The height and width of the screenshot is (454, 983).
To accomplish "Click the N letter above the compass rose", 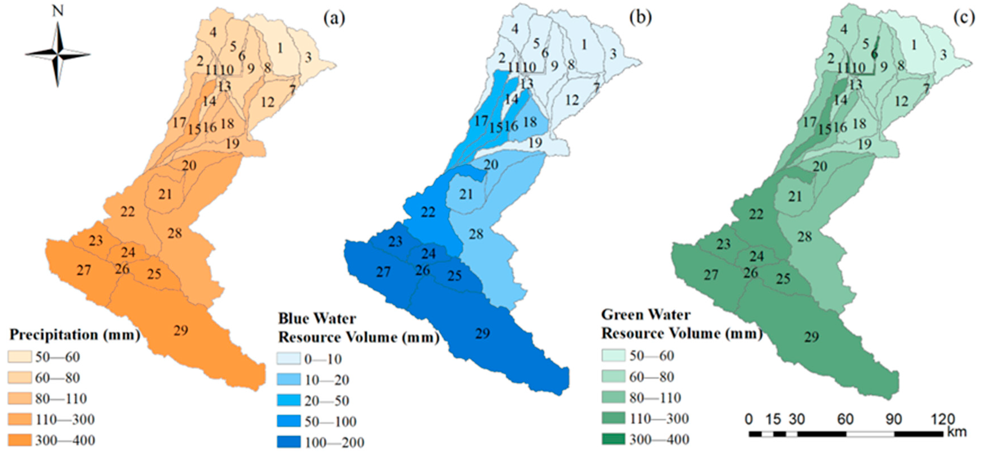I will pos(58,12).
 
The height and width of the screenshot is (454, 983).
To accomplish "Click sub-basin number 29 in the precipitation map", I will pos(181,330).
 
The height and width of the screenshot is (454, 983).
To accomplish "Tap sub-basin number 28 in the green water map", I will pos(804,237).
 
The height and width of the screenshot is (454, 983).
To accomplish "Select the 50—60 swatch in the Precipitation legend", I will pos(19,357).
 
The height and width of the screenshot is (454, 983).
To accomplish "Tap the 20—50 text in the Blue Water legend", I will pos(327,401).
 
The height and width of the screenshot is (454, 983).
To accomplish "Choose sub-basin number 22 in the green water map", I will pos(756,214).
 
